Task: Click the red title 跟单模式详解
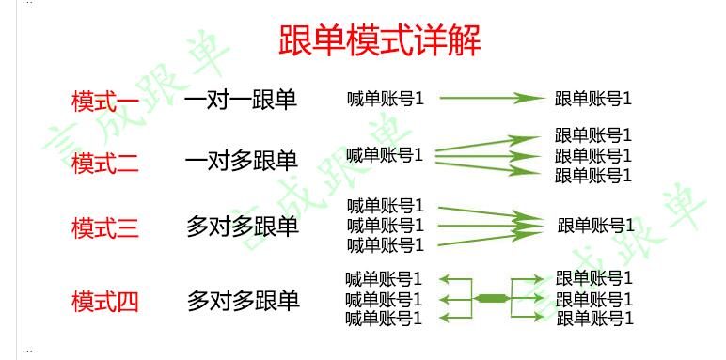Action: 380,41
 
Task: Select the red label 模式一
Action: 105,101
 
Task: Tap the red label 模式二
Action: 105,163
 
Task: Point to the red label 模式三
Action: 105,227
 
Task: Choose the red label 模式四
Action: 105,302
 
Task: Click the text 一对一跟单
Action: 241,100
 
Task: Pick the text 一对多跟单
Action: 242,162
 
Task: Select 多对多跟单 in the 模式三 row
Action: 243,227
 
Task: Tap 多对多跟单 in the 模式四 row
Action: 244,301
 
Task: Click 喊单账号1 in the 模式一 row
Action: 386,98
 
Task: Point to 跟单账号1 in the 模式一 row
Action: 593,99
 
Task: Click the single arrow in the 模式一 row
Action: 493,98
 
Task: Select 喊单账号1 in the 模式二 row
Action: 385,154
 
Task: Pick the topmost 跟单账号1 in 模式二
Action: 593,135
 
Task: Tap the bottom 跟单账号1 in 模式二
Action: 593,176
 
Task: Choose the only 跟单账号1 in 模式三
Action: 596,226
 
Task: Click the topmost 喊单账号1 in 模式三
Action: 386,205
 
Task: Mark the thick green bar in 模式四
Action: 491,298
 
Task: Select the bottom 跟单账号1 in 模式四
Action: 594,319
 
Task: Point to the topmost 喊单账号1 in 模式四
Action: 384,279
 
